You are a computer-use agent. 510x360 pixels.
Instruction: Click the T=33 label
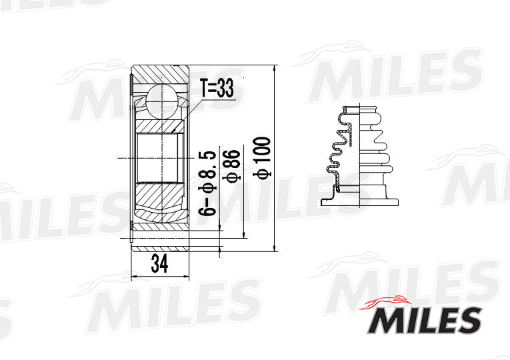217,89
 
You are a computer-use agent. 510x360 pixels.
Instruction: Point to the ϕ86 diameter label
231,167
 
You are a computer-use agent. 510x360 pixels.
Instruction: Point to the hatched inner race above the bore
160,126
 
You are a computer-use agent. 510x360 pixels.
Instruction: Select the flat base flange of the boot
360,200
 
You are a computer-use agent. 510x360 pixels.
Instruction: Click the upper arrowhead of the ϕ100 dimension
275,69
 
